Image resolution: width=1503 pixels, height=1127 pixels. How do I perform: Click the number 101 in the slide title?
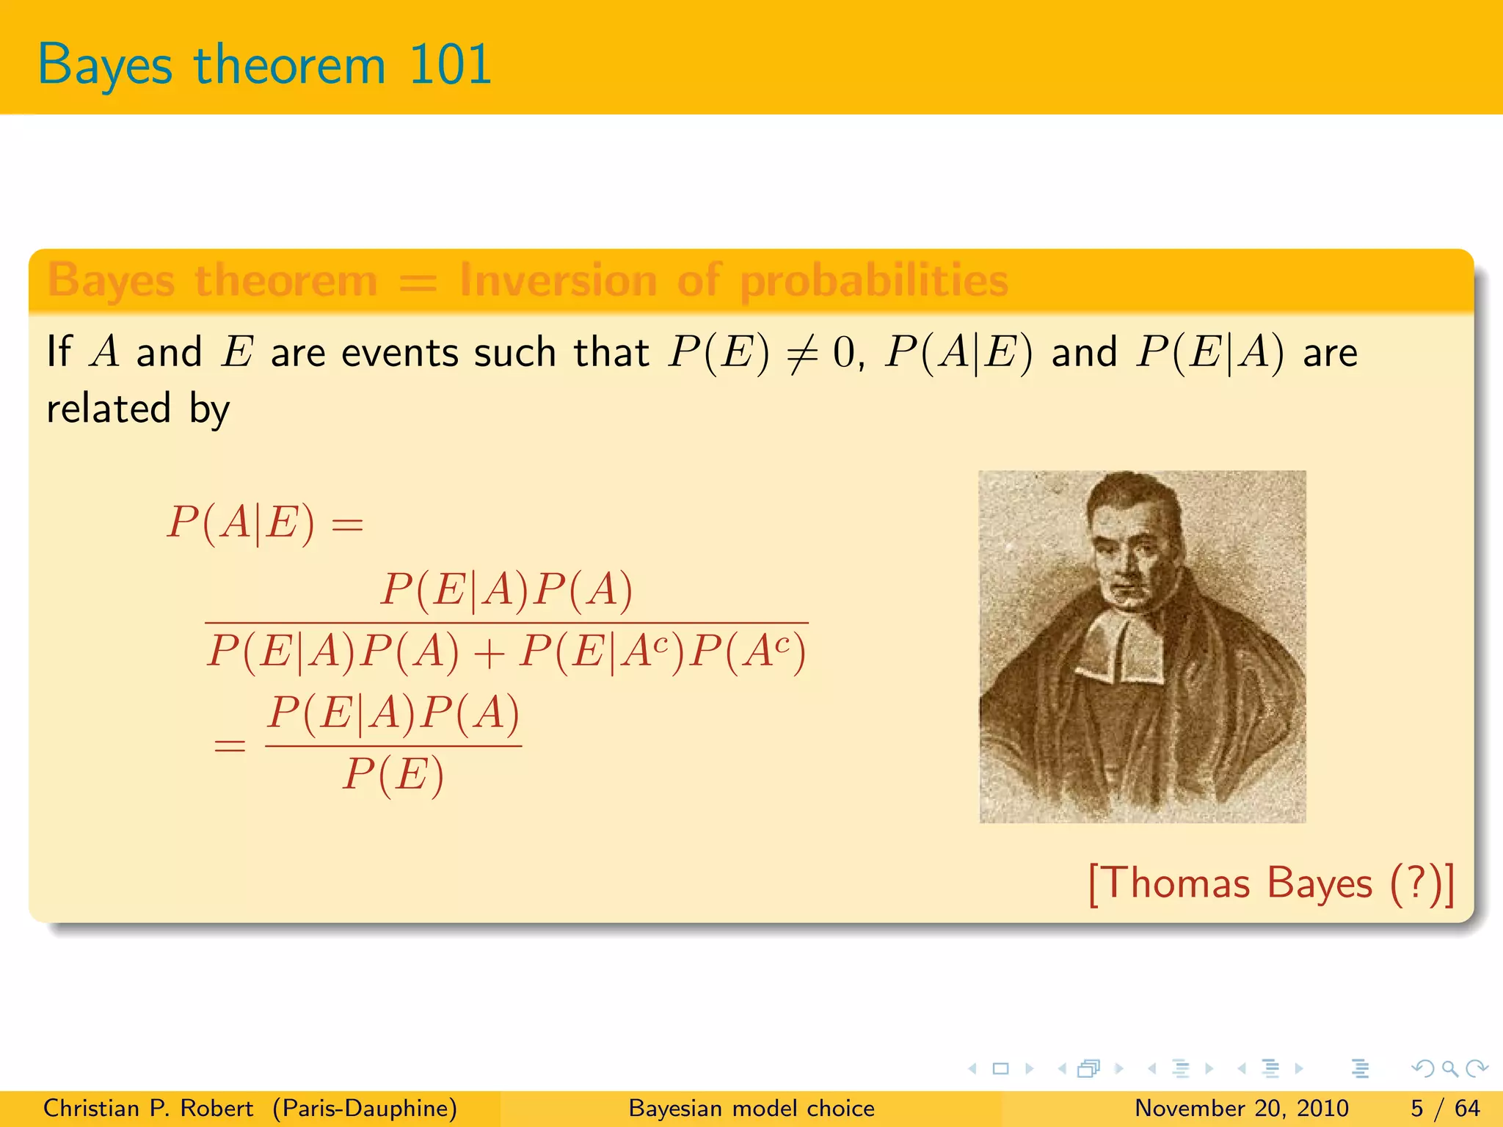click(449, 65)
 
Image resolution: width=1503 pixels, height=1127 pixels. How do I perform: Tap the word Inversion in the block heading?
click(558, 280)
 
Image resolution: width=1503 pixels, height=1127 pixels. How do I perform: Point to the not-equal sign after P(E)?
click(801, 354)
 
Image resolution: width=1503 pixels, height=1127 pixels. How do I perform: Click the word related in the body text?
click(109, 409)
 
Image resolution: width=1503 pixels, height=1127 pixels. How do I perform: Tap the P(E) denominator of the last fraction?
click(393, 775)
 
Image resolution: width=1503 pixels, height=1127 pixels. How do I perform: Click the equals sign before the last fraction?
click(229, 746)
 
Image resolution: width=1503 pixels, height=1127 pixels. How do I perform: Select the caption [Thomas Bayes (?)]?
click(1270, 883)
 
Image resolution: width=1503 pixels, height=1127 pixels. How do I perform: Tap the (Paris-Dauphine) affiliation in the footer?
click(365, 1108)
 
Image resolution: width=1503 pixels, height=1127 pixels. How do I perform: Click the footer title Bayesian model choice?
click(751, 1108)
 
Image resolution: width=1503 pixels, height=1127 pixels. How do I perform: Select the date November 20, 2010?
click(1241, 1108)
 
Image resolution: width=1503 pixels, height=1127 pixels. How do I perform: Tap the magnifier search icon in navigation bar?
click(1449, 1068)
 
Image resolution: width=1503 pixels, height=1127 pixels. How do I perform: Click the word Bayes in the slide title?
click(105, 65)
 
